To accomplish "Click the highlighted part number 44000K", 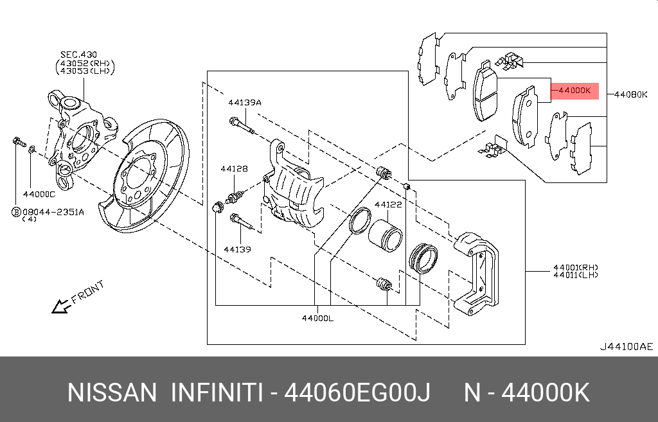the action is pyautogui.click(x=574, y=90).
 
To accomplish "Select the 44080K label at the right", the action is pyautogui.click(x=631, y=94).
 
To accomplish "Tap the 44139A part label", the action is pyautogui.click(x=245, y=102).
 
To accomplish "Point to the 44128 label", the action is pyautogui.click(x=234, y=169).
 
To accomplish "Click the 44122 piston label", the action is pyautogui.click(x=388, y=205).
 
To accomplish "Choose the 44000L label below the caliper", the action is pyautogui.click(x=317, y=319).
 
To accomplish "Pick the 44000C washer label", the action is pyautogui.click(x=39, y=194).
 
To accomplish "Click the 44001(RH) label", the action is pyautogui.click(x=576, y=267).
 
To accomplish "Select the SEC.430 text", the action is pyautogui.click(x=78, y=55).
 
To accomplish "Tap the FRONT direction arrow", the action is pyautogui.click(x=62, y=306).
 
